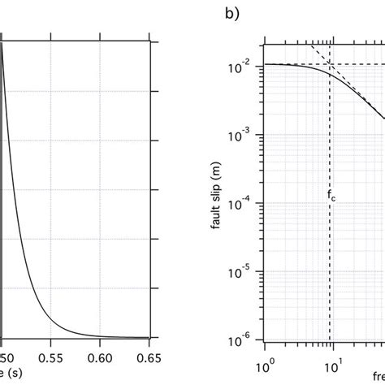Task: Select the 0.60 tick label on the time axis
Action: pos(101,356)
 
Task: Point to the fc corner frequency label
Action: pos(331,196)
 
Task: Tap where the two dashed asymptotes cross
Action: pos(330,64)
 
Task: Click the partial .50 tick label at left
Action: pos(6,356)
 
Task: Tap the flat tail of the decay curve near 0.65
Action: pos(138,337)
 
